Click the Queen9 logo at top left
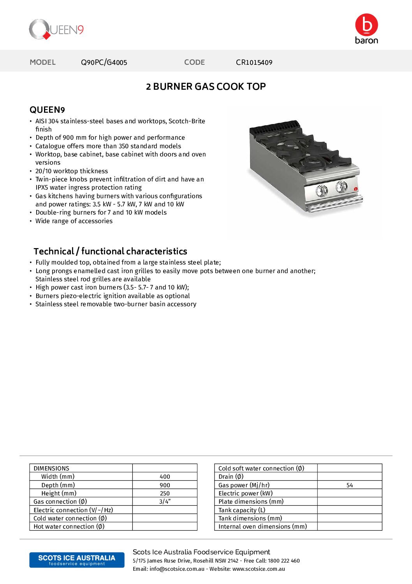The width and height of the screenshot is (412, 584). click(x=56, y=30)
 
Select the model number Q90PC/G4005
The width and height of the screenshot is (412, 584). click(x=104, y=62)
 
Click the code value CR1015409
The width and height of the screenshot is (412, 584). click(x=254, y=62)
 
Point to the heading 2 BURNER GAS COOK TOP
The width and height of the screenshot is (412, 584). click(x=206, y=87)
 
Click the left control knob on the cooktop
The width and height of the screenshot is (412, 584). click(x=322, y=190)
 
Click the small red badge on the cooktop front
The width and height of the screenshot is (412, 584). click(x=356, y=189)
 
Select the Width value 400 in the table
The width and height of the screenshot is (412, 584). click(x=165, y=477)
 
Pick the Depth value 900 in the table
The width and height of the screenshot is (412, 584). click(x=165, y=485)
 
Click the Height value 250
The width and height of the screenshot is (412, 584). click(x=165, y=493)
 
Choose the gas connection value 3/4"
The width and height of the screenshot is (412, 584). click(x=165, y=502)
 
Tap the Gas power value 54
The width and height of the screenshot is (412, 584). click(x=350, y=485)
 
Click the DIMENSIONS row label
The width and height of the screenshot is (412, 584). click(x=51, y=468)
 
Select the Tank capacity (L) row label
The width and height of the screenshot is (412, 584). click(x=242, y=510)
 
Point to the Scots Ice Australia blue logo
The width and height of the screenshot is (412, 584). click(x=77, y=560)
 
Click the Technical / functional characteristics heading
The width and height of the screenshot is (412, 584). click(x=110, y=251)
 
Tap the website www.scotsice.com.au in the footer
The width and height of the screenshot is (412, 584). click(x=259, y=569)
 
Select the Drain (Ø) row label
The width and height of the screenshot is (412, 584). click(x=231, y=477)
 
